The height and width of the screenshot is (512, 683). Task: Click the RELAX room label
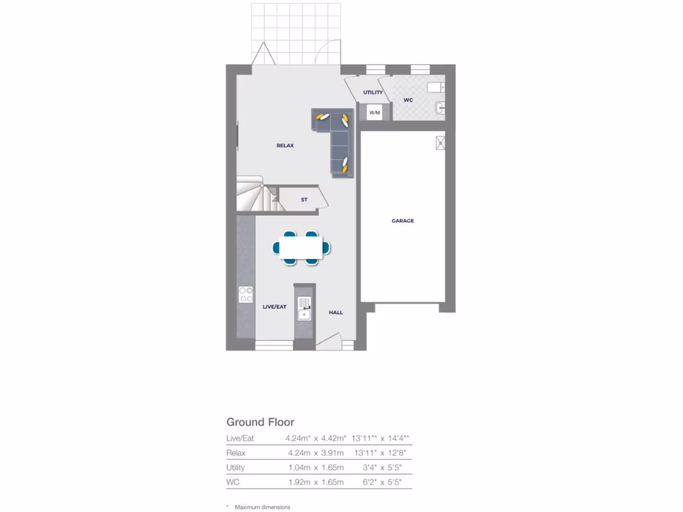point(285,145)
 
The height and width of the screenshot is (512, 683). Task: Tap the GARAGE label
point(402,221)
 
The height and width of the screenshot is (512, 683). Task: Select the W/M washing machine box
point(374,113)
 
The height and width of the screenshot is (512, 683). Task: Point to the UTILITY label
point(373,92)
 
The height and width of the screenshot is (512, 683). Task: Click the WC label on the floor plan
point(408,101)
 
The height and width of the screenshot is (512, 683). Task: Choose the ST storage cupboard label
point(304,199)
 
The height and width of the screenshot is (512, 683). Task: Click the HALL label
point(335,312)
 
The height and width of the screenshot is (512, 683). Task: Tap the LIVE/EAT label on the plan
point(274,307)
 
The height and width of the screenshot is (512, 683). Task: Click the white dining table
point(301,247)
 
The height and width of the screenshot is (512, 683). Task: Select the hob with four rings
point(246,294)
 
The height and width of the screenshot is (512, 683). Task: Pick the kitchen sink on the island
point(305,309)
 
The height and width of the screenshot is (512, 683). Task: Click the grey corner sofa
point(336,137)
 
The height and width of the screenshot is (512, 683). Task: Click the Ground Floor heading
point(260,422)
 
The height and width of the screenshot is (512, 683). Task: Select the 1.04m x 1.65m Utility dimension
point(314,467)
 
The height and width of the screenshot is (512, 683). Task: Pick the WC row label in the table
point(233,482)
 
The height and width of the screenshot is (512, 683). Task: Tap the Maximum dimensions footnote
point(262,507)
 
